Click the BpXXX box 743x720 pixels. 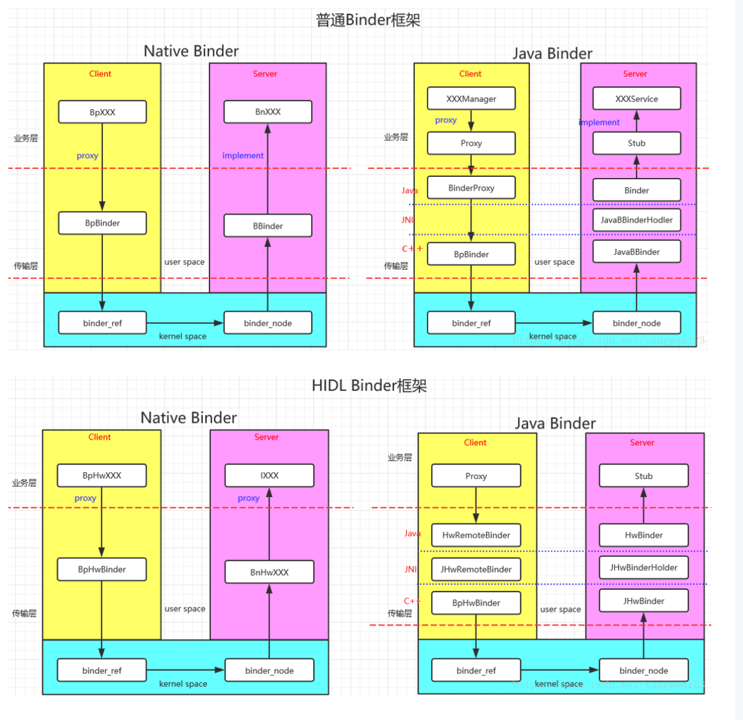102,112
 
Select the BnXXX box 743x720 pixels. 268,112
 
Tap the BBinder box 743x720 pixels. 268,226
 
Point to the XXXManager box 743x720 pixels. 471,99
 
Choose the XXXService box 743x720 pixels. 636,99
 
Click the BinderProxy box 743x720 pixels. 471,188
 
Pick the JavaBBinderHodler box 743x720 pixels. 636,220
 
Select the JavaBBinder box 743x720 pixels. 636,252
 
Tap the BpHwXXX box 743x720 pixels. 102,475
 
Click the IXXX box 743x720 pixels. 269,475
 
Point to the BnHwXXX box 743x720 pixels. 269,572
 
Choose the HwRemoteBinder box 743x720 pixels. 476,535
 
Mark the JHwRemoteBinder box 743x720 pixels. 476,569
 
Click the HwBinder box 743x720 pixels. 644,535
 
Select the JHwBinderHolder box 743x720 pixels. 644,567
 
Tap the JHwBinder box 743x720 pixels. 644,601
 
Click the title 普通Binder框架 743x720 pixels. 368,20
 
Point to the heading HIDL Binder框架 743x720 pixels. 369,385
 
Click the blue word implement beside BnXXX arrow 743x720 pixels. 242,155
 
